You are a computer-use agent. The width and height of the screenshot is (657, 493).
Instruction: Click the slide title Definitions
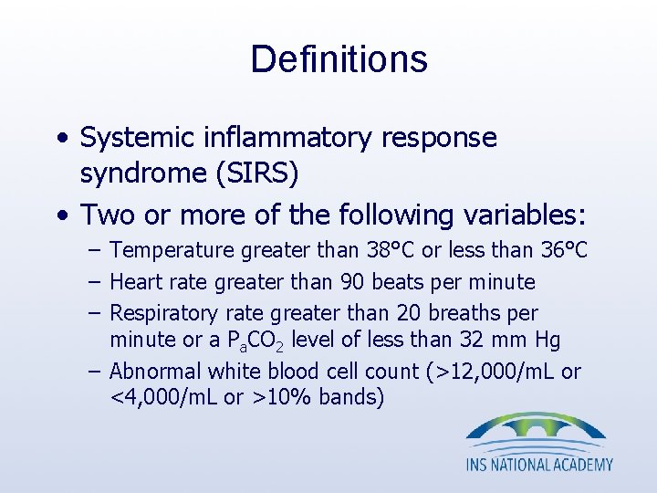339,59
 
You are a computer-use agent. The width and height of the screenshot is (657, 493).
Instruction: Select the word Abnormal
154,372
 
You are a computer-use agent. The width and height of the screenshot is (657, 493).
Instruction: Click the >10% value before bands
273,398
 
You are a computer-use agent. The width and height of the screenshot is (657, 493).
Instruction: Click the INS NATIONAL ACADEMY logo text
539,465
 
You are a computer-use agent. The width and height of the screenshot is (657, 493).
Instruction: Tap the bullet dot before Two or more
60,215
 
